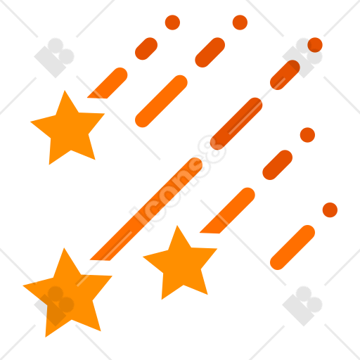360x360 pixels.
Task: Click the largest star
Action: [68, 294]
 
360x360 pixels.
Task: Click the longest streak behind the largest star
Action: [146, 209]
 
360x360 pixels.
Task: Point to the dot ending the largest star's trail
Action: [315, 45]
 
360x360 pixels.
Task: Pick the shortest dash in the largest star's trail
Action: [285, 75]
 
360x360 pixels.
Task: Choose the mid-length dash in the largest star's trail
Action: [236, 124]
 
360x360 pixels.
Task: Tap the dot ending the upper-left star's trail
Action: [172, 22]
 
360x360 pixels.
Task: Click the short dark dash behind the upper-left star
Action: [146, 49]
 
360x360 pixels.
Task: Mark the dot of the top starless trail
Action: [240, 22]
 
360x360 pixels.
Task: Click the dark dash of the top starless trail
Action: [210, 52]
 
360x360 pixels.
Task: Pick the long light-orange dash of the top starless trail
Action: [161, 101]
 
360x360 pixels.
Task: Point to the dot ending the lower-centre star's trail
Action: [307, 135]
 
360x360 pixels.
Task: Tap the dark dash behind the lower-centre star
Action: [278, 165]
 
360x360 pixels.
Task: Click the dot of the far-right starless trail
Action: [330, 210]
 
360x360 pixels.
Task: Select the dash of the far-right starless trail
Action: [292, 247]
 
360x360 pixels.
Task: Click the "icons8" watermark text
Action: [178, 183]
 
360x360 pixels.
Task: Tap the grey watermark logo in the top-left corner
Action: [54, 58]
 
